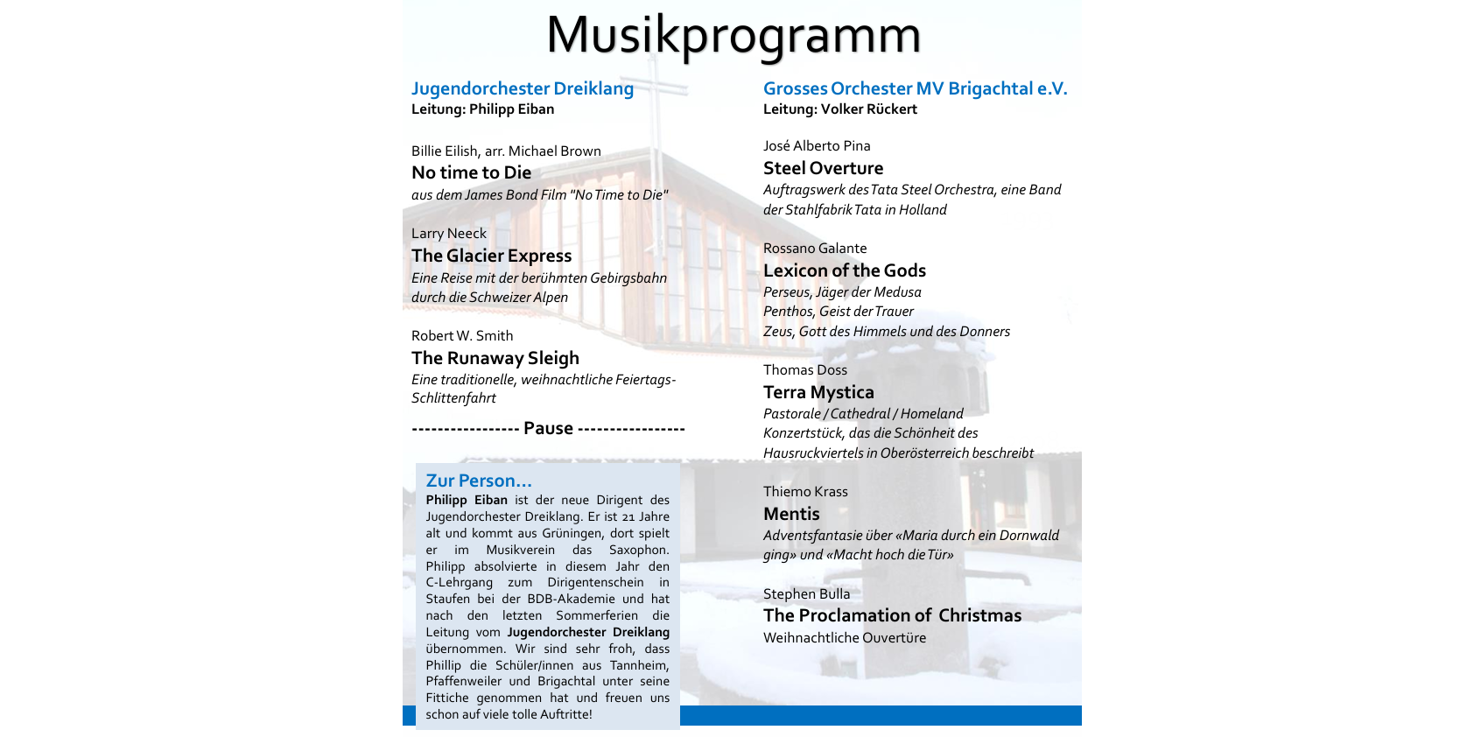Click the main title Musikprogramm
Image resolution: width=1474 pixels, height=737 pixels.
(x=733, y=35)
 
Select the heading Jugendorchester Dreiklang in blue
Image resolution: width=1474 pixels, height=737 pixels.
(x=523, y=88)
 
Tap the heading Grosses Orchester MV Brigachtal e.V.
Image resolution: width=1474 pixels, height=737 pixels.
(x=915, y=88)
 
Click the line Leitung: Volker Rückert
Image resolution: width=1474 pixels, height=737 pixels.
(x=839, y=109)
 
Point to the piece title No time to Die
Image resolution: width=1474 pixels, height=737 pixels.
(x=471, y=172)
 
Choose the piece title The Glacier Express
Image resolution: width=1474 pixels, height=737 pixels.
(x=491, y=256)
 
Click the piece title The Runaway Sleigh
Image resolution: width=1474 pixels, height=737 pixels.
(x=495, y=358)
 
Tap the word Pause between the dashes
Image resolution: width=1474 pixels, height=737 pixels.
(x=548, y=428)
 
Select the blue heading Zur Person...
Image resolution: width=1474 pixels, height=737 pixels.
(x=478, y=481)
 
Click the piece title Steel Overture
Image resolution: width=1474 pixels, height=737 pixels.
(x=823, y=168)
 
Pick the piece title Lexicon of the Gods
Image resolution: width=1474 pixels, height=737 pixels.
(x=844, y=270)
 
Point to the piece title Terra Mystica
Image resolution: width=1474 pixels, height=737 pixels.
(x=818, y=392)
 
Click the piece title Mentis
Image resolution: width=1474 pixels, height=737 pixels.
(x=791, y=514)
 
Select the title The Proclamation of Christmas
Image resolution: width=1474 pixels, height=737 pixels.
(x=892, y=615)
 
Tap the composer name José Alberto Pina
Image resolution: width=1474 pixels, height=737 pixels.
(x=817, y=146)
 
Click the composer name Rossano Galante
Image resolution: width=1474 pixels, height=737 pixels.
(x=815, y=249)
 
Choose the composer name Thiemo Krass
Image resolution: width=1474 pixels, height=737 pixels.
(x=805, y=492)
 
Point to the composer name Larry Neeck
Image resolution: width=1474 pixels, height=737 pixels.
(x=448, y=234)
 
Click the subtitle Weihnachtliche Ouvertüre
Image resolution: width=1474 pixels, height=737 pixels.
(x=844, y=638)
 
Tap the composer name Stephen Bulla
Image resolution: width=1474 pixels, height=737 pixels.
(x=806, y=594)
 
